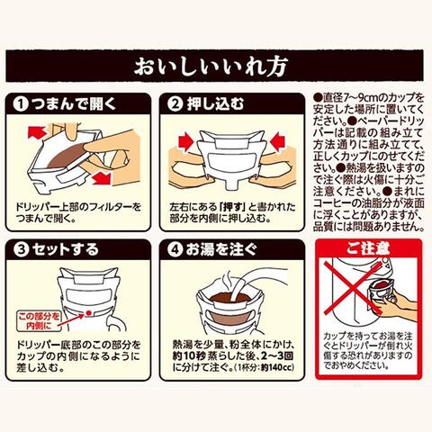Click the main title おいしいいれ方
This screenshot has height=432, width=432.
click(x=211, y=67)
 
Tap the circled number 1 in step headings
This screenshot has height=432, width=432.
click(x=21, y=104)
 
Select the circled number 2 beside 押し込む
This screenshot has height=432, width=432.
click(x=175, y=104)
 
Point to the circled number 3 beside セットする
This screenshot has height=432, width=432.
click(x=22, y=250)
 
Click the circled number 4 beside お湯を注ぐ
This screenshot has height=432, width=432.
click(x=175, y=250)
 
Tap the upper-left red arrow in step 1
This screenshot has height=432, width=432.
click(x=37, y=132)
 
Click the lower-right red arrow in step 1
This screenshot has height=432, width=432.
click(x=102, y=179)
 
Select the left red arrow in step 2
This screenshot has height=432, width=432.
click(x=187, y=142)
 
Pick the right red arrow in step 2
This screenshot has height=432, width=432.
click(x=279, y=140)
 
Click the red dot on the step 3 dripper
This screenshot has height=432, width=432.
click(x=88, y=313)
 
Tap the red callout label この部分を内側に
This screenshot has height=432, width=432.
click(x=39, y=321)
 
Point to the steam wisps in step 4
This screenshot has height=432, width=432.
click(x=228, y=281)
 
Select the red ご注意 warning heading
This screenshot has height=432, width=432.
click(x=369, y=248)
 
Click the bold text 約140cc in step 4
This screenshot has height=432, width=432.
click(x=277, y=367)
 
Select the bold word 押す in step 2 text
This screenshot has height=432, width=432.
click(x=231, y=207)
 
